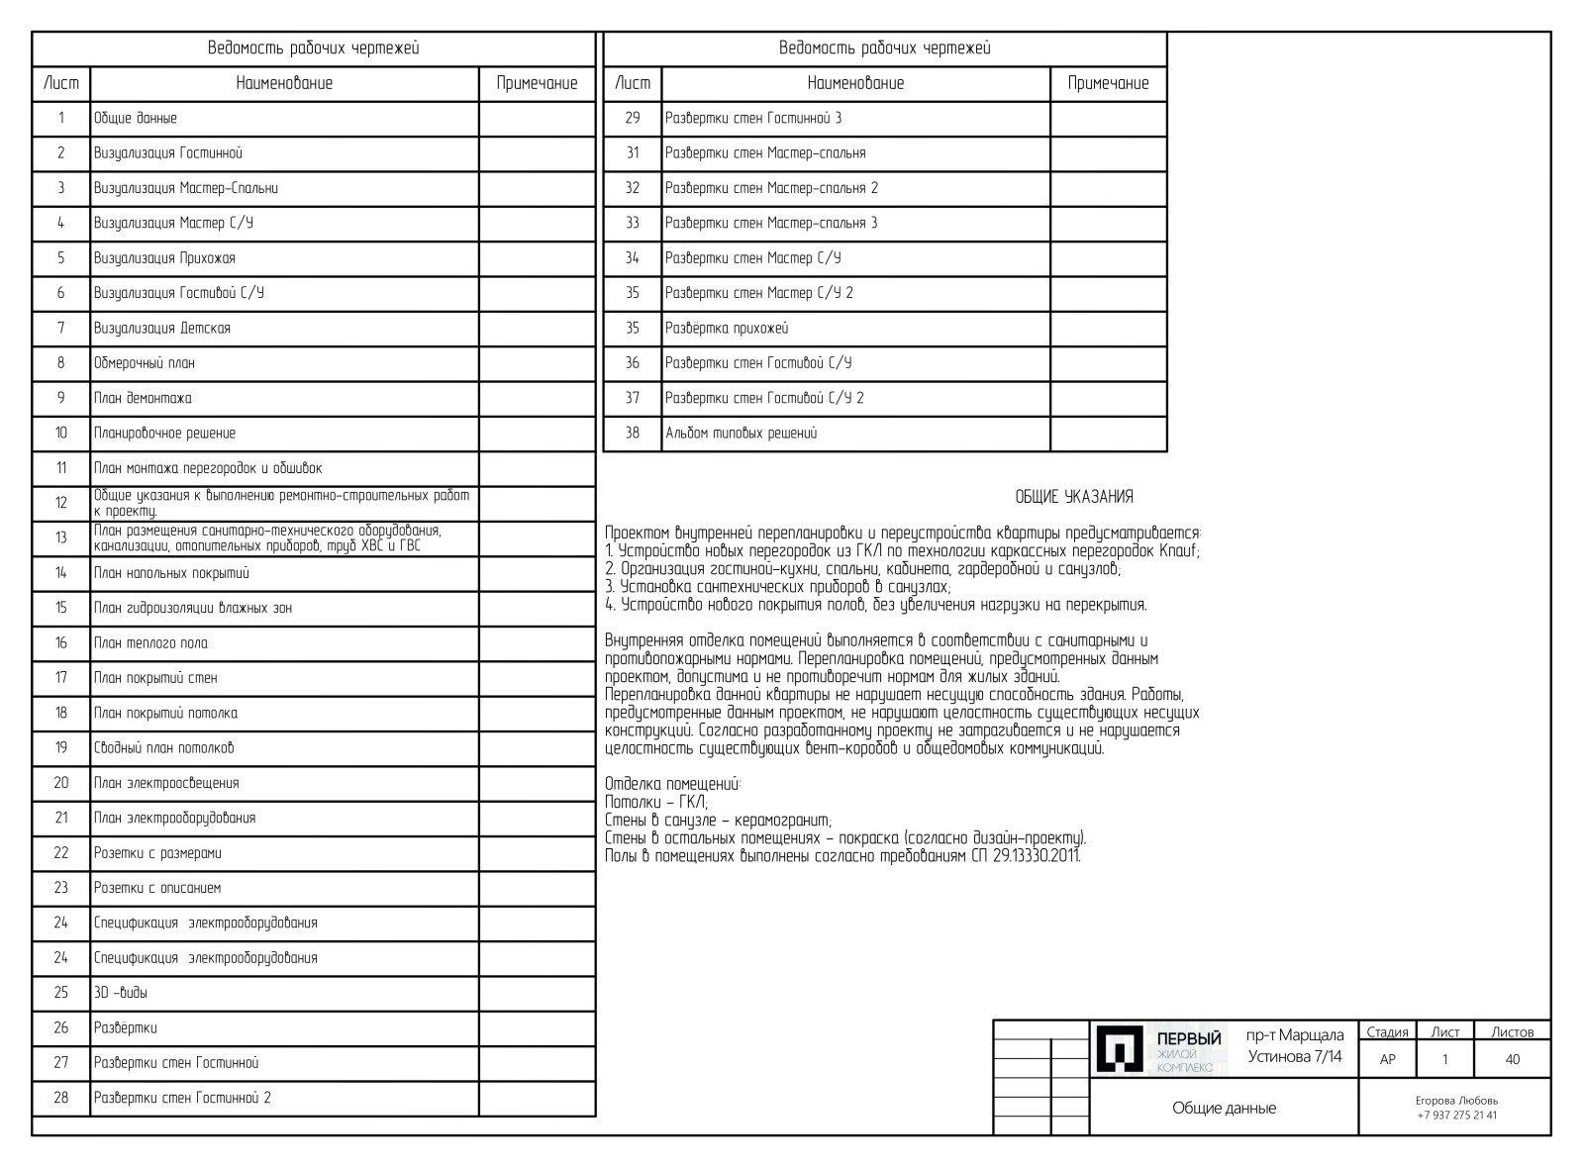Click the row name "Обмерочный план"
[145, 363]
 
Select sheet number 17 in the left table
[61, 678]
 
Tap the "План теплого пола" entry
[150, 643]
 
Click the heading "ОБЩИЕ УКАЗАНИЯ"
[1074, 497]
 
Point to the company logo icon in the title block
[1120, 1049]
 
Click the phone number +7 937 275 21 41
[1456, 1116]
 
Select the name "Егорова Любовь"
[1456, 1101]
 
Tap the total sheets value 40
[1512, 1059]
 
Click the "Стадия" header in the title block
[1387, 1032]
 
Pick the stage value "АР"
[1387, 1059]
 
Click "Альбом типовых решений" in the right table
[742, 434]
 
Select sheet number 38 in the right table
[633, 434]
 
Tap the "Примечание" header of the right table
[1108, 84]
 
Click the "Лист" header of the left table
[61, 84]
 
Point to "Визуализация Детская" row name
[162, 329]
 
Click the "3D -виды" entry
[121, 993]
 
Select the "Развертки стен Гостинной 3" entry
[753, 119]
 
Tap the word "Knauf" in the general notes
[1176, 551]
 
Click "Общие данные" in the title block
[1224, 1109]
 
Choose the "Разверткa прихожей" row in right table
[727, 329]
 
